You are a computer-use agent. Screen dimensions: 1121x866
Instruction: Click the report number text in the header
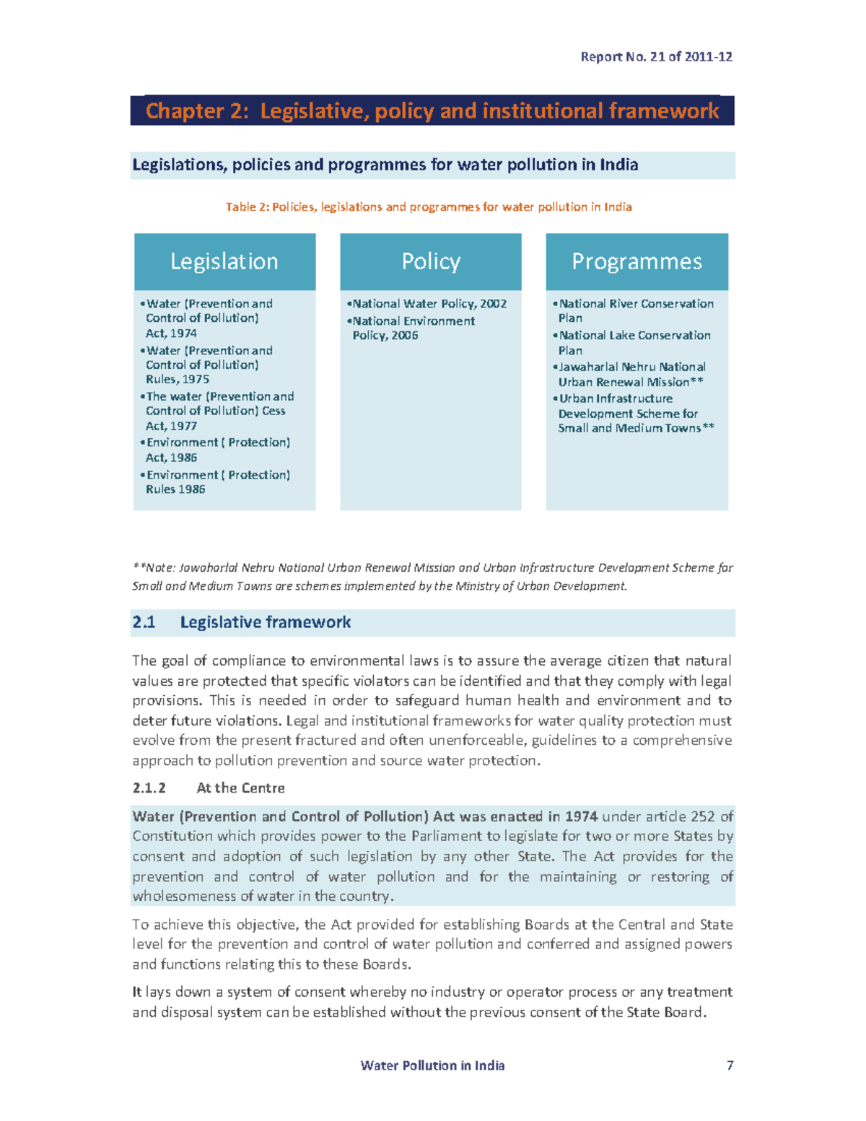[x=656, y=56]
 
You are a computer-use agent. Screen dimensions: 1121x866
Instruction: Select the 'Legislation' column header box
[x=224, y=261]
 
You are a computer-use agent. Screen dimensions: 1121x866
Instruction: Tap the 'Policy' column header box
[x=431, y=261]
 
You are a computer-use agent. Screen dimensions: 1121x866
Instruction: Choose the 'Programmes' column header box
[x=637, y=261]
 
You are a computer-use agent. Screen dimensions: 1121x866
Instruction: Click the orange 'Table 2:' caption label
[x=247, y=207]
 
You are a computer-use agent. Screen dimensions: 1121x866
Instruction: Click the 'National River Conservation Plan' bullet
[x=635, y=310]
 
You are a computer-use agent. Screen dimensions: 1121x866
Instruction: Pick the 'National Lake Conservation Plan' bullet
[x=634, y=342]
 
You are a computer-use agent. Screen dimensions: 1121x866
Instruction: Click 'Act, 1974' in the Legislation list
[x=171, y=333]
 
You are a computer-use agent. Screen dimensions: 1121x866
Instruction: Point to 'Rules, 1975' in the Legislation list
[x=178, y=379]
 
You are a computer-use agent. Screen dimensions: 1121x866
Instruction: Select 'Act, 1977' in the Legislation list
[x=171, y=426]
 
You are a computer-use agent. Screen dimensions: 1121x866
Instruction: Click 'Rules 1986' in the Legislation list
[x=175, y=489]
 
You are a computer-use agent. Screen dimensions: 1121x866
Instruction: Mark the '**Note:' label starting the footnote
[x=154, y=568]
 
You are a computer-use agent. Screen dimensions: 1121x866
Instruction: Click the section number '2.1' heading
[x=144, y=622]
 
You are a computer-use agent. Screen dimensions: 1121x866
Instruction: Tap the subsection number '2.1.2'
[x=149, y=788]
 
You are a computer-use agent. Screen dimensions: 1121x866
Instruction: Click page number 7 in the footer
[x=730, y=1065]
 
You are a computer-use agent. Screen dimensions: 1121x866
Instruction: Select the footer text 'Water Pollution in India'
[x=432, y=1065]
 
